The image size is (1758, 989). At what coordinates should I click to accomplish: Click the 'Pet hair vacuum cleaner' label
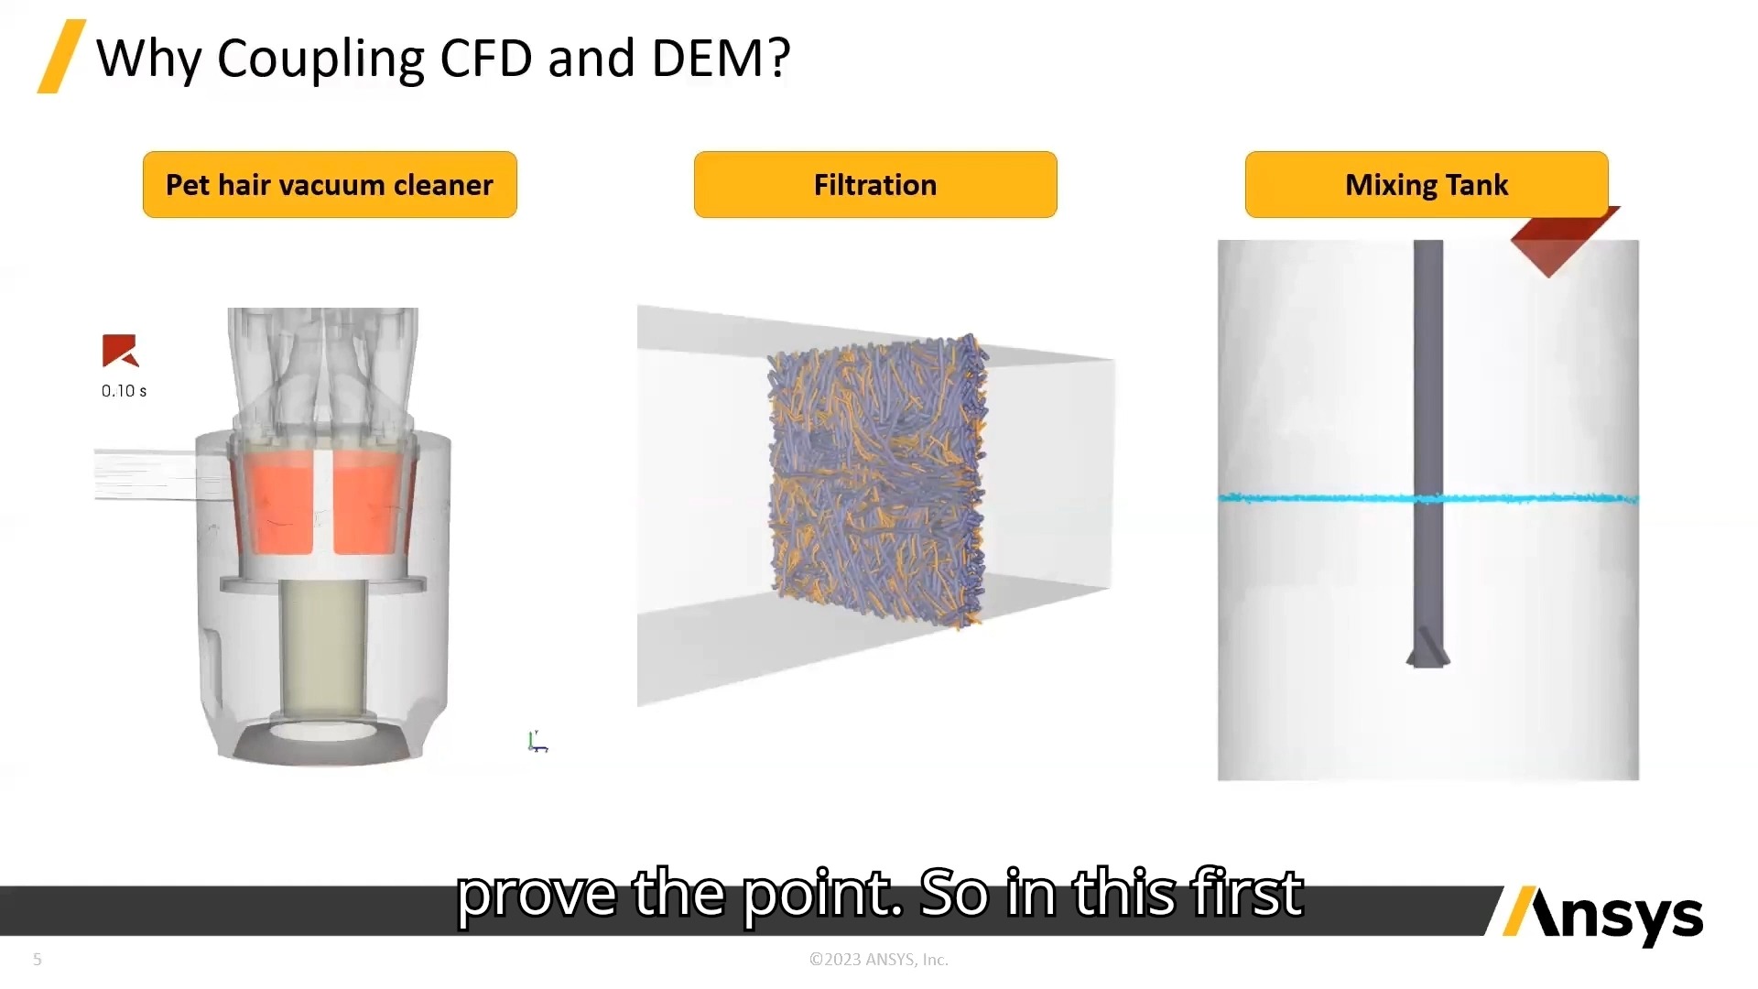tap(330, 185)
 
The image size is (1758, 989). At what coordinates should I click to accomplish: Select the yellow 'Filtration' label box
tap(875, 185)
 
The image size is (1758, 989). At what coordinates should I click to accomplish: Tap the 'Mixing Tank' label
tap(1426, 185)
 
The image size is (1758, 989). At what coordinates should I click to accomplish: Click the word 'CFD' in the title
tap(486, 59)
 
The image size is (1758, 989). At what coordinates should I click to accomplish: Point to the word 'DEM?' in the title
tap(721, 59)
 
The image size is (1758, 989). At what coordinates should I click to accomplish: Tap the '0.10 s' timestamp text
tap(124, 391)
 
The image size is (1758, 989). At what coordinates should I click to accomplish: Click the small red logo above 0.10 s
tap(120, 351)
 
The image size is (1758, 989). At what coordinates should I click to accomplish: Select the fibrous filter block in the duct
tap(877, 481)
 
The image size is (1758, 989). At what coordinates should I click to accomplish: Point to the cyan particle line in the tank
tap(1318, 499)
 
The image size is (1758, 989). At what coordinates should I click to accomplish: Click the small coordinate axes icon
tap(537, 742)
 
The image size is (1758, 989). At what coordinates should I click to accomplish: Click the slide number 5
tap(38, 960)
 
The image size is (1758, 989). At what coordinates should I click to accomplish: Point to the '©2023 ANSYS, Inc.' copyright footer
tap(878, 960)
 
